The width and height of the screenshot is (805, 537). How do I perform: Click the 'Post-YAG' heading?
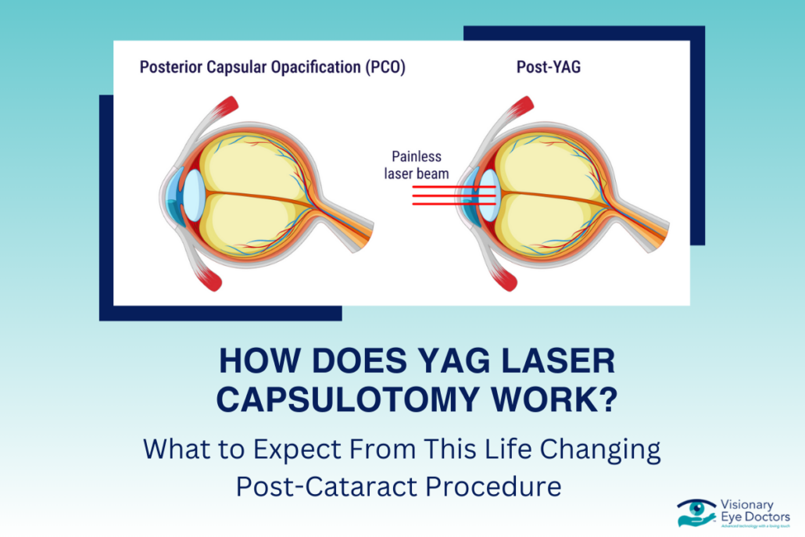pyautogui.click(x=548, y=67)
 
